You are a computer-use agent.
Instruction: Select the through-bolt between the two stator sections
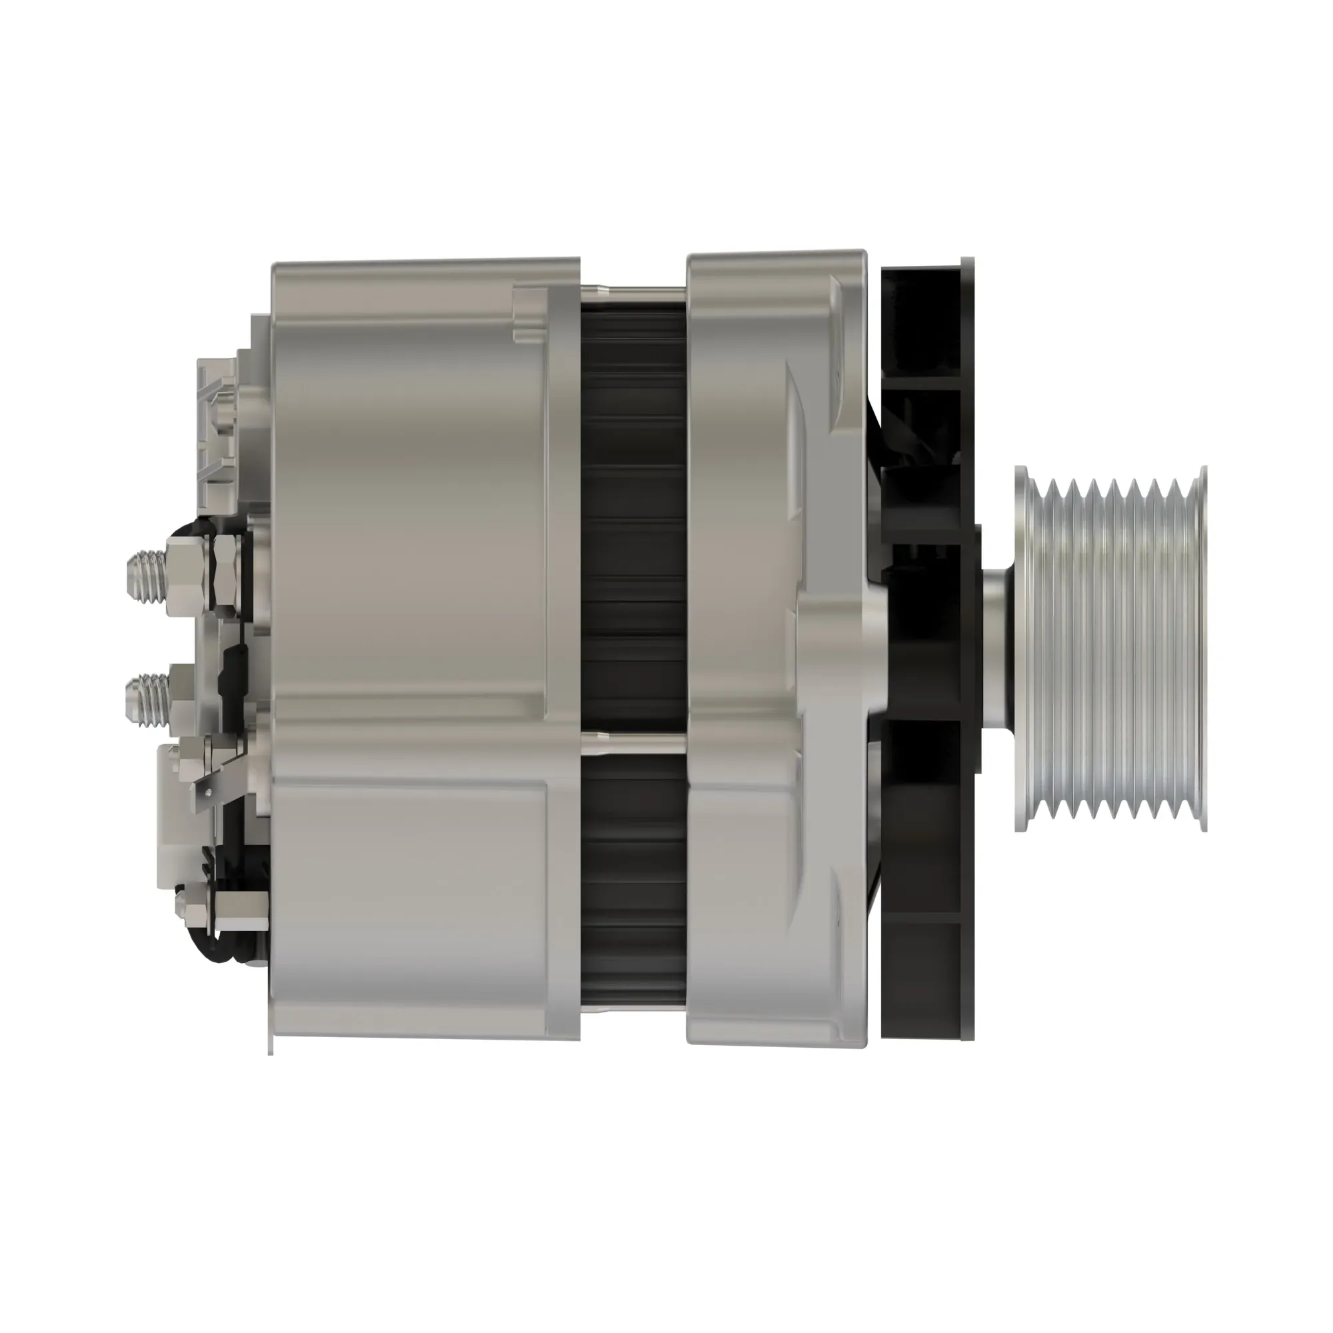(633, 743)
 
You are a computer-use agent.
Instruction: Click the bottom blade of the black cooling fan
(921, 986)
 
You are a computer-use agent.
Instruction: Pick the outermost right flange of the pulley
(1203, 649)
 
